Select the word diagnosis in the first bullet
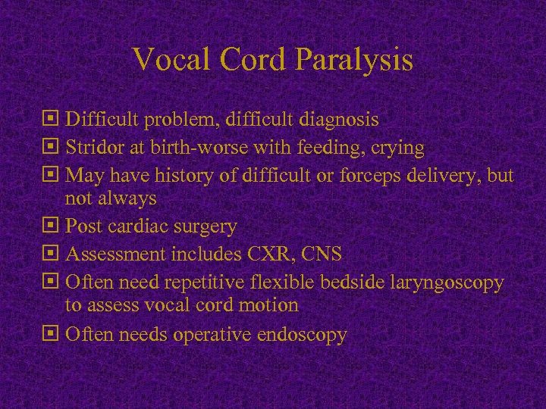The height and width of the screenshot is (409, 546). click(339, 120)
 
